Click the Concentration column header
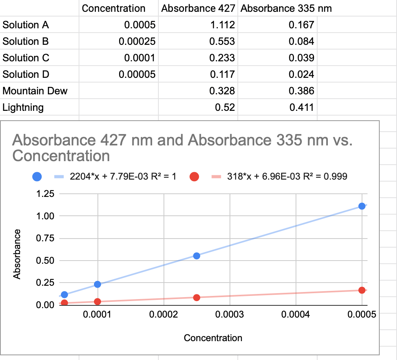click(x=114, y=8)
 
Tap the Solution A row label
click(x=26, y=25)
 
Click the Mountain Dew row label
click(x=35, y=91)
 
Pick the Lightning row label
click(x=23, y=107)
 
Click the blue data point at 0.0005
click(x=362, y=206)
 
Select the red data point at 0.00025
click(x=197, y=298)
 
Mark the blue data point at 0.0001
click(x=97, y=284)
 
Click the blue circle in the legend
click(x=37, y=177)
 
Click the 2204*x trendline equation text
click(x=123, y=177)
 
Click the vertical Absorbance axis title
click(x=17, y=254)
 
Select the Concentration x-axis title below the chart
click(x=213, y=338)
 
